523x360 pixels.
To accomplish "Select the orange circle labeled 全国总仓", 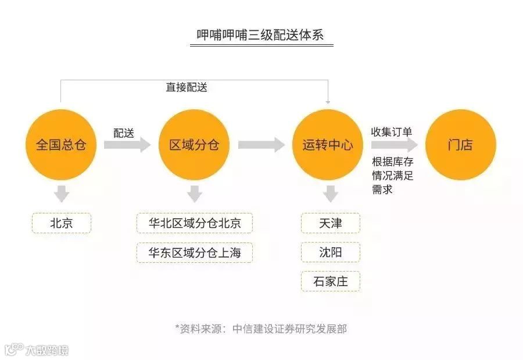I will (61, 144).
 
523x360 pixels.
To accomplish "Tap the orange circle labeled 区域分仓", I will (195, 144).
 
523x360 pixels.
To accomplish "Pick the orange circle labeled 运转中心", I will (328, 144).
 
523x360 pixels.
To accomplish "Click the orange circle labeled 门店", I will (460, 144).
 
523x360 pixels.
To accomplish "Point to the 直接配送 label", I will (187, 87).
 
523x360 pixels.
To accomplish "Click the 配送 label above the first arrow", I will (124, 133).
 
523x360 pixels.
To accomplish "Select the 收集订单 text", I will (392, 132).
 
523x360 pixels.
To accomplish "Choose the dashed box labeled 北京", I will (62, 223).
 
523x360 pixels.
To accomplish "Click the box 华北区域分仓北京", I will (195, 223).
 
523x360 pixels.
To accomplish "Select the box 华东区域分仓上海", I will (195, 252).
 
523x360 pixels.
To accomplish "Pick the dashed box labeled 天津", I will (331, 223).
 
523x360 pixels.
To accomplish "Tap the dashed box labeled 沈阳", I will (331, 252).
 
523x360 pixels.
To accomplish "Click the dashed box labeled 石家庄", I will (331, 281).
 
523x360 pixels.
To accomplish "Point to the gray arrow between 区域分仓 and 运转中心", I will (261, 145).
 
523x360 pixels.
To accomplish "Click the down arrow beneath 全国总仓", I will (61, 194).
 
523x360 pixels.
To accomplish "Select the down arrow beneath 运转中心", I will (331, 194).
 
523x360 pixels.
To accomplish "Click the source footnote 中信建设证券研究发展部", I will (261, 329).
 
